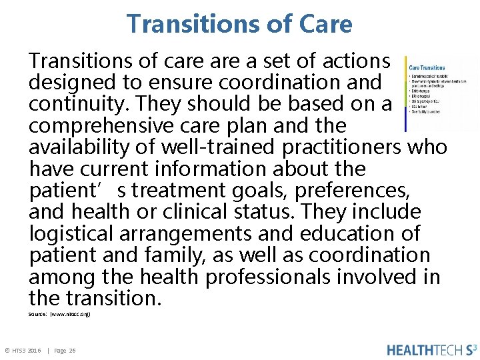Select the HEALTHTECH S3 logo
pos(432,350)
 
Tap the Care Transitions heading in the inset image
pos(427,67)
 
